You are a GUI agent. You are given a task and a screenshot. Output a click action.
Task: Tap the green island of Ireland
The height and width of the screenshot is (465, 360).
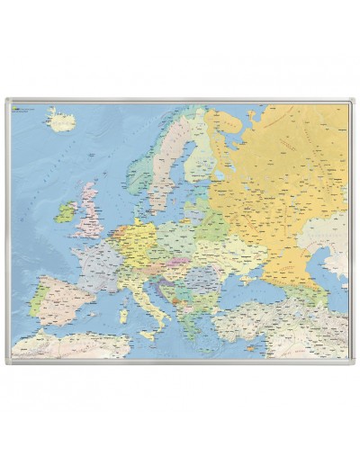click(65, 212)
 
